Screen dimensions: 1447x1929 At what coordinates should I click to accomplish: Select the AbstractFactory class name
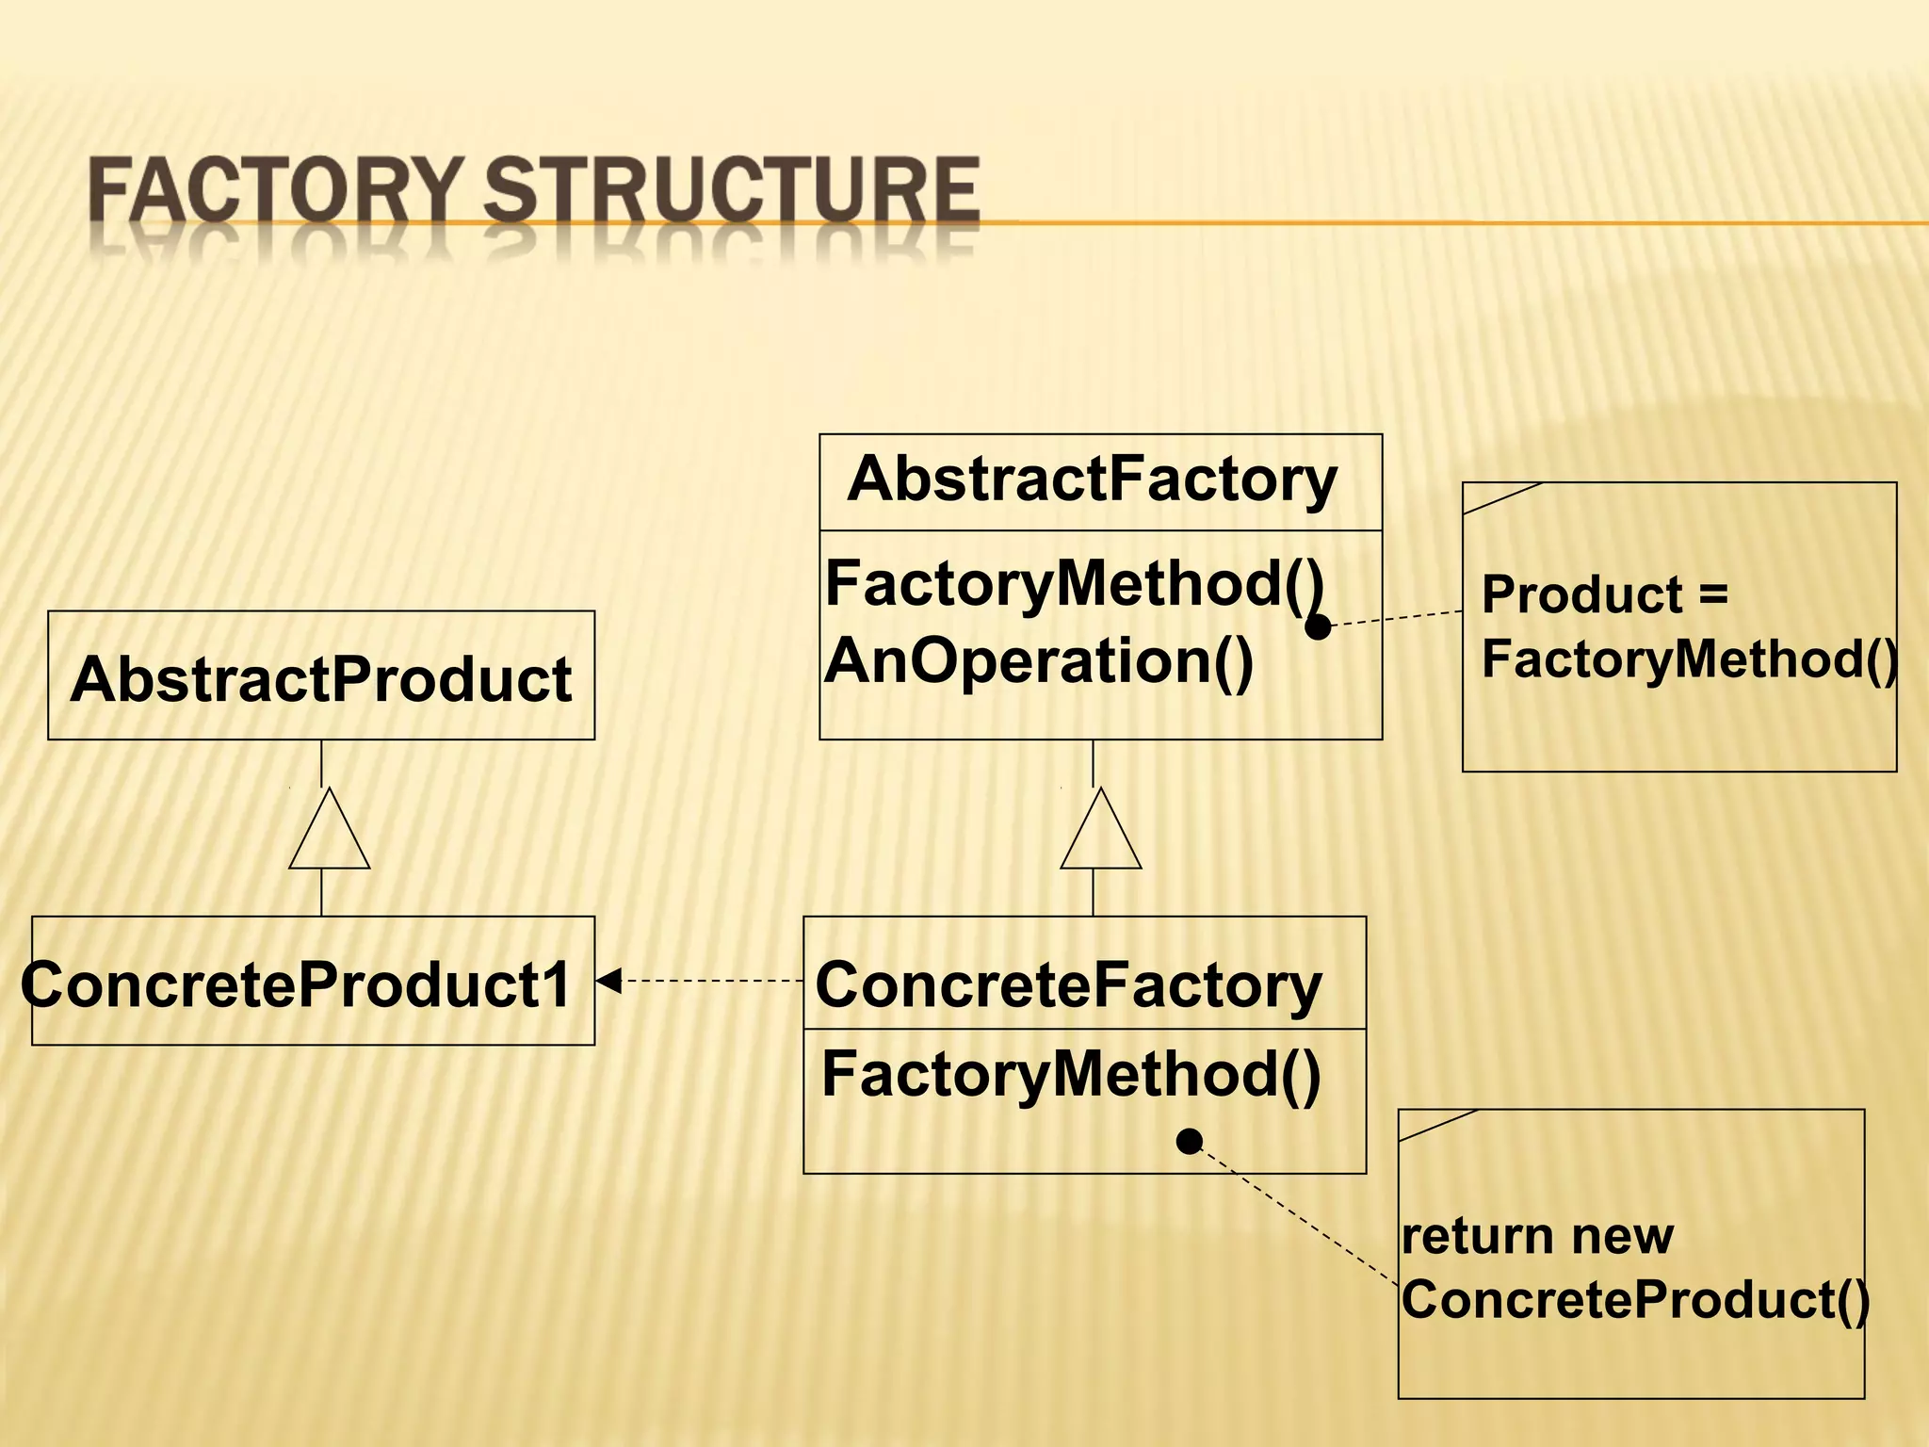coord(1093,480)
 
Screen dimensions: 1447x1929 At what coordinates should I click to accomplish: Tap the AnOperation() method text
coord(1039,661)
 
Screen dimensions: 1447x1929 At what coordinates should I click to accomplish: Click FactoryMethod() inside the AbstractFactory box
coord(1074,584)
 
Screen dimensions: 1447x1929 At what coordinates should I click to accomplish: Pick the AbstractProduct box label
coord(321,679)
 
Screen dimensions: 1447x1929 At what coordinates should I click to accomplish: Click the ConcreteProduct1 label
coord(298,985)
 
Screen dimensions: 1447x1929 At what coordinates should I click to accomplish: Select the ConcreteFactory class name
coord(1069,985)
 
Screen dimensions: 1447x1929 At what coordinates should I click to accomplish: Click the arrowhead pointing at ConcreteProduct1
coord(608,981)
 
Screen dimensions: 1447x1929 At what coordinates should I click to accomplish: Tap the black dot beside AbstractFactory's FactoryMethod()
coord(1319,626)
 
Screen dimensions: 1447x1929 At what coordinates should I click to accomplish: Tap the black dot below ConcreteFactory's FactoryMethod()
coord(1190,1142)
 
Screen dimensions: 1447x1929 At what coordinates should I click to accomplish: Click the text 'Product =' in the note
coord(1604,595)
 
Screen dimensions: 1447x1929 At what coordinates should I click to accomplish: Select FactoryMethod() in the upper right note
coord(1689,659)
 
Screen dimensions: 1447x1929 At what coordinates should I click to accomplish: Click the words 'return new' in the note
coord(1537,1236)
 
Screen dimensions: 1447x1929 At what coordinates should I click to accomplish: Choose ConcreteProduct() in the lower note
coord(1635,1301)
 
